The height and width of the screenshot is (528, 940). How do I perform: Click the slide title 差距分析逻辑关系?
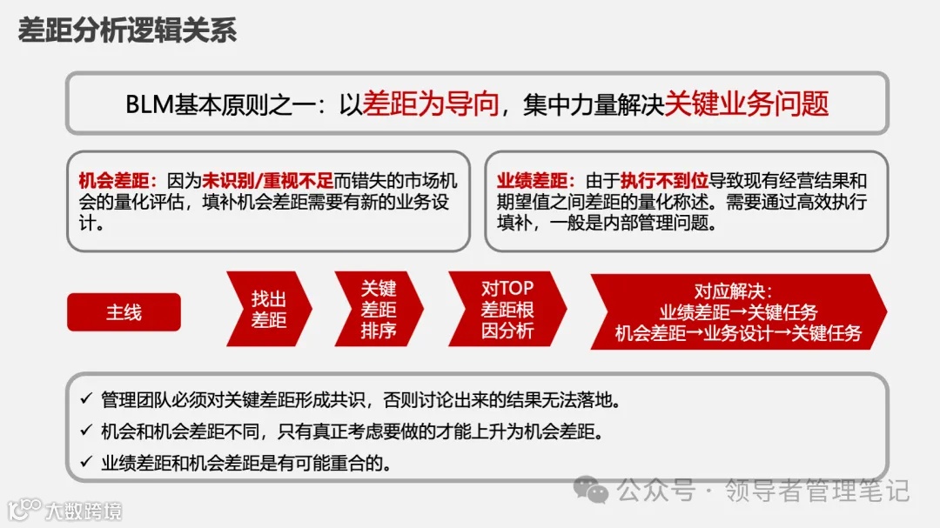click(x=127, y=31)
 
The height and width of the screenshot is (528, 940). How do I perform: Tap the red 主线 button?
click(x=124, y=312)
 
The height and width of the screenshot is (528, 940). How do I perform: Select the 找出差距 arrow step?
click(x=269, y=310)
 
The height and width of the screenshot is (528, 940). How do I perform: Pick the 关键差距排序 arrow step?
click(x=379, y=310)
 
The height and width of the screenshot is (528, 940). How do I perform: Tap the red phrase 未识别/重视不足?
click(x=268, y=181)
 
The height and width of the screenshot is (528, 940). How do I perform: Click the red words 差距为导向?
click(x=432, y=104)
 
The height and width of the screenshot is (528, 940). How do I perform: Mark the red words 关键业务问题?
click(x=747, y=104)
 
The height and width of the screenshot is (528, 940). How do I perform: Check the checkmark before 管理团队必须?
click(x=85, y=400)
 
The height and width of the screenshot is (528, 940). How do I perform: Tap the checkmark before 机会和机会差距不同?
click(x=85, y=431)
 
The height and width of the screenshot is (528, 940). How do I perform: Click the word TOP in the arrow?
click(x=517, y=288)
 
